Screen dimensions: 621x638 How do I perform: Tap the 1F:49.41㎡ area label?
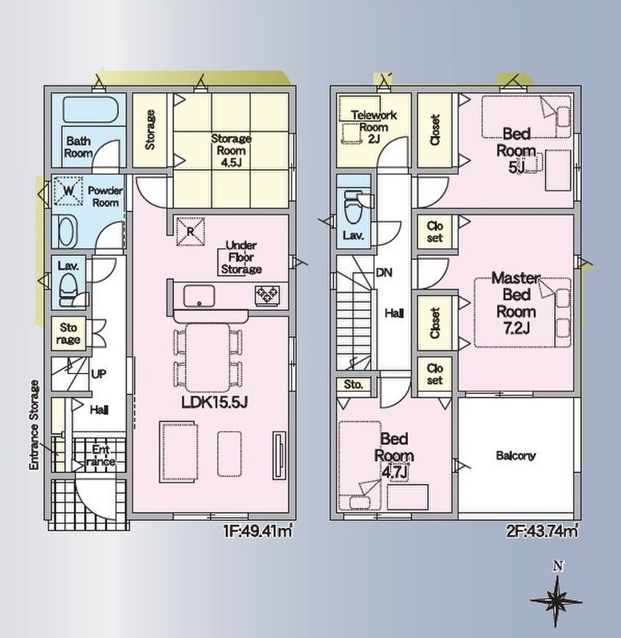pos(258,530)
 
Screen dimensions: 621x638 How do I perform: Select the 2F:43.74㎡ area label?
pos(543,530)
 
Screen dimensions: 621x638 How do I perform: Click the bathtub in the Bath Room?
pos(90,109)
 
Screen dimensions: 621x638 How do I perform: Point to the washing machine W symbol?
pos(69,191)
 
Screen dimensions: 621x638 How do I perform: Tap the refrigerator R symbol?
pos(190,231)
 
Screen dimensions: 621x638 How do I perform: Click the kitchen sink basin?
pos(199,296)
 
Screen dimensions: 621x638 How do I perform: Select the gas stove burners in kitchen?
pos(267,295)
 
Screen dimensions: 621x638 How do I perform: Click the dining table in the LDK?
pos(208,357)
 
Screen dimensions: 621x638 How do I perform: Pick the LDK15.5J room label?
pos(215,403)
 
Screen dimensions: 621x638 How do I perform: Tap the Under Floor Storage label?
pos(241,257)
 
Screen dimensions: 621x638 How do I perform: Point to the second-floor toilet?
pos(354,207)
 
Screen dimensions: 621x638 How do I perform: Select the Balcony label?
pos(516,455)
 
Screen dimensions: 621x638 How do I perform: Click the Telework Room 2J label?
pos(374,127)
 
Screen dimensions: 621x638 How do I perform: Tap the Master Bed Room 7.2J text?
pos(516,303)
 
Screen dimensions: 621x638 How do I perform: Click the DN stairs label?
pos(384,273)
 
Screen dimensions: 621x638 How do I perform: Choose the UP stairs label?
pos(99,374)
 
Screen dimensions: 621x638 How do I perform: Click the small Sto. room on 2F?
pos(354,384)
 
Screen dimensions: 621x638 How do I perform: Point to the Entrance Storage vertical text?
pos(34,425)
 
